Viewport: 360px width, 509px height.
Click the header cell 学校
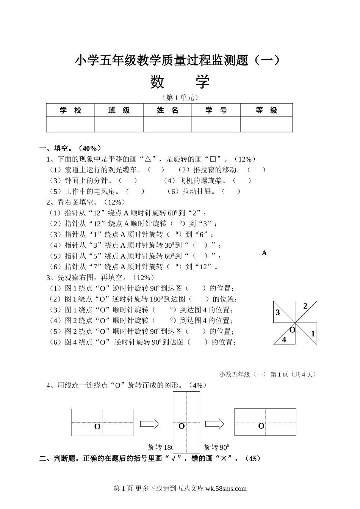pos(70,110)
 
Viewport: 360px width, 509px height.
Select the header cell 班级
pos(119,110)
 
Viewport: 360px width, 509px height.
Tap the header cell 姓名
pos(167,110)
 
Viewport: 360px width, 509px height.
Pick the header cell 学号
pos(216,110)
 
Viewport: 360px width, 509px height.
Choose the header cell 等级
pos(266,110)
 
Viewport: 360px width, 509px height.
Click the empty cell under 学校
pos(70,124)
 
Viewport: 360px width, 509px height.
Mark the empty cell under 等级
pos(266,124)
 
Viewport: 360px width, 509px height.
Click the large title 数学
pos(180,82)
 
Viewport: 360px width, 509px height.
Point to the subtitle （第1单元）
pos(180,97)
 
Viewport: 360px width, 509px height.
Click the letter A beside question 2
pos(264,253)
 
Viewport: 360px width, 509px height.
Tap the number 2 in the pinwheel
pos(305,306)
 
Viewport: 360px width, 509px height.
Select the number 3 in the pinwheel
pos(278,313)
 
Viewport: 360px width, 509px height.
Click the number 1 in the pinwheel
pos(313,334)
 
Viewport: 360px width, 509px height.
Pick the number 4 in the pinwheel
pos(284,339)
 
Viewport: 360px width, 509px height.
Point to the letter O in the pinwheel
pos(292,330)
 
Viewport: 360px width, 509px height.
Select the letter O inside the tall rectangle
pos(182,426)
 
